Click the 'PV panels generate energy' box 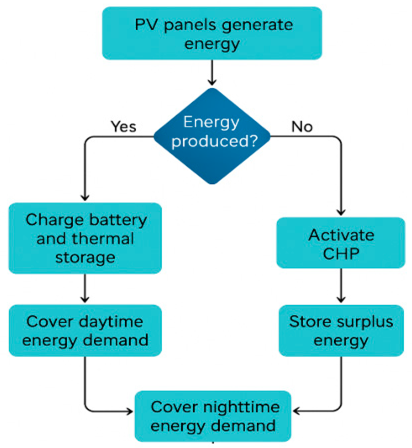tap(212, 33)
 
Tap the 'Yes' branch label tap(123, 126)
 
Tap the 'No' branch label tap(302, 126)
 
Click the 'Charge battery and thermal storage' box tap(85, 238)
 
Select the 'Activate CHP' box tap(341, 243)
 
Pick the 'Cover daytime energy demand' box tap(85, 330)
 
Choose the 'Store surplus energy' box tap(341, 330)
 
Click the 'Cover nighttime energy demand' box tap(213, 416)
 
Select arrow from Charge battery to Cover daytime tap(85, 288)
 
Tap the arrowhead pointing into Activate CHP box tap(341, 212)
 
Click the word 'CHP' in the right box tap(341, 254)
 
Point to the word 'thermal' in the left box tap(103, 239)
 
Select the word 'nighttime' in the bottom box tap(241, 407)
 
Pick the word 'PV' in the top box tap(146, 25)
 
